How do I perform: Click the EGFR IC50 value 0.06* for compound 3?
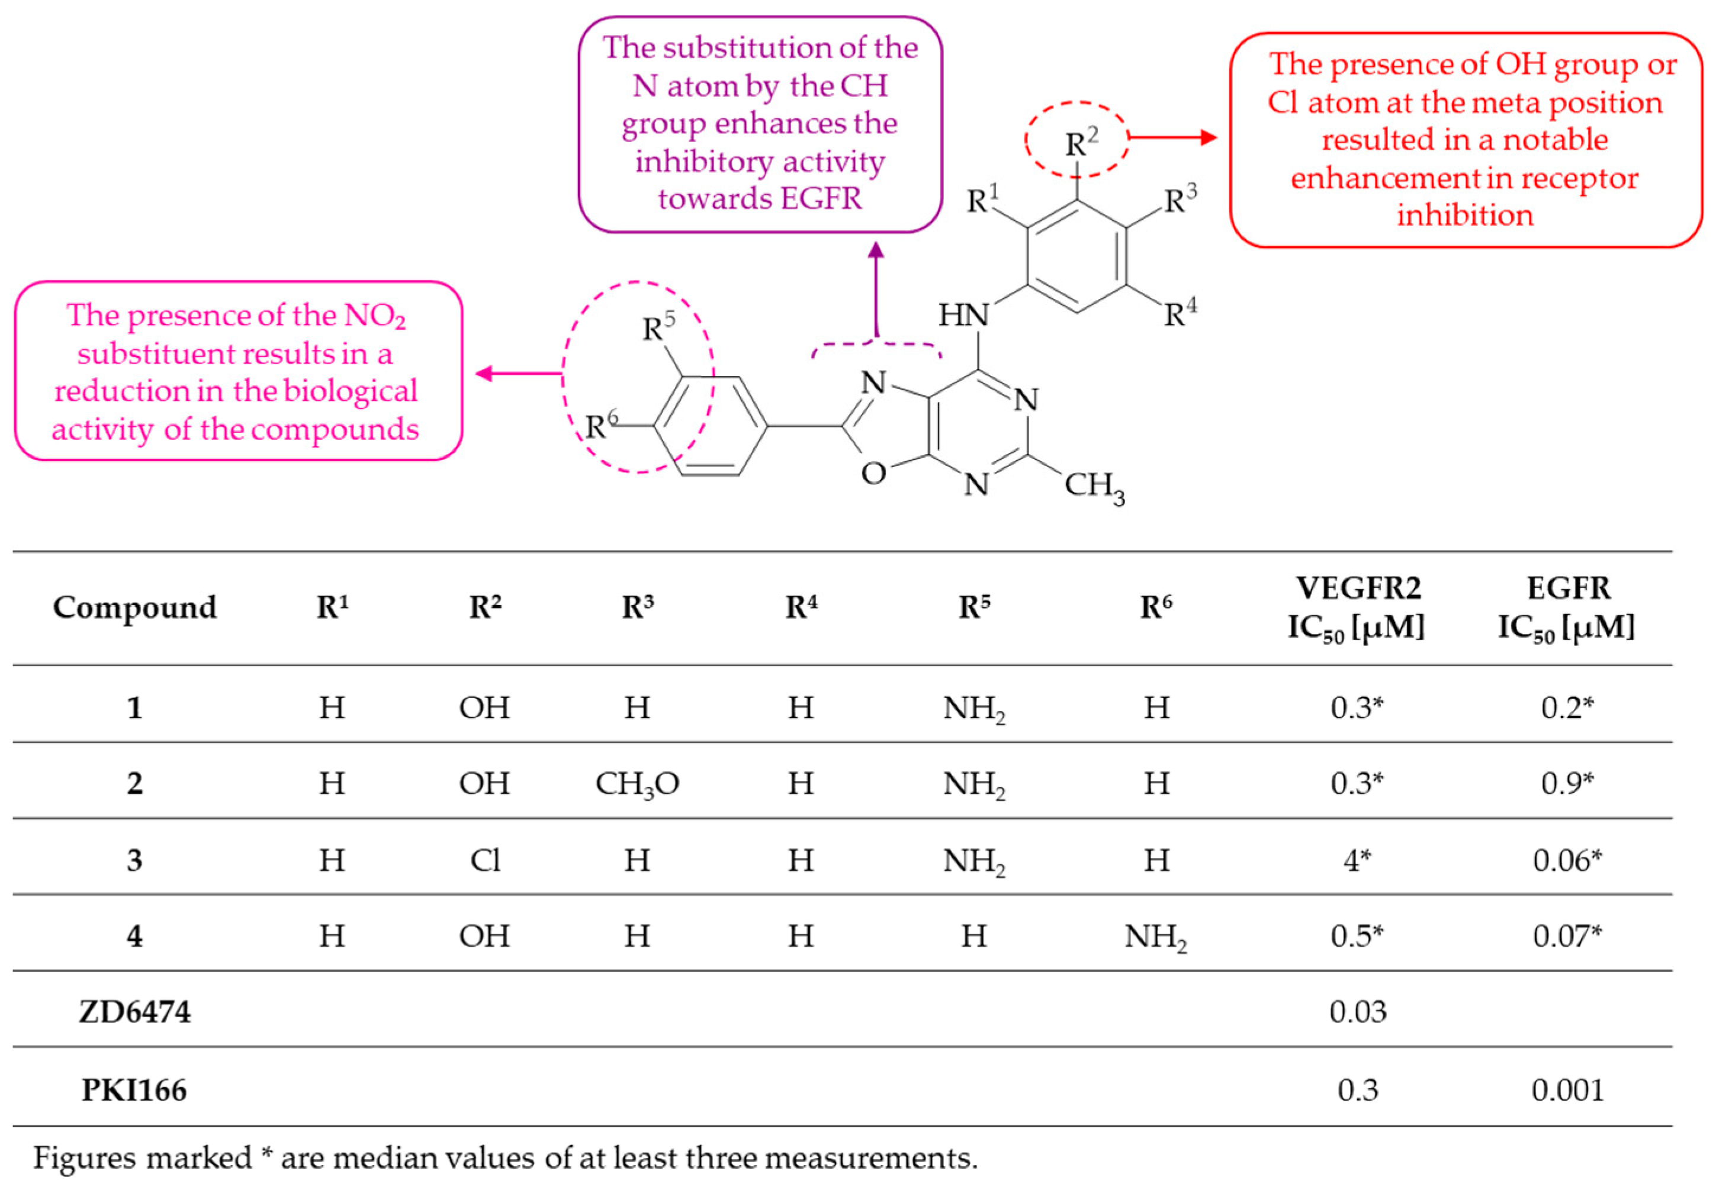[x=1567, y=860]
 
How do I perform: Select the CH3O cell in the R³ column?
[x=637, y=784]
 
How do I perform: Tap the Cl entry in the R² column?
[x=484, y=860]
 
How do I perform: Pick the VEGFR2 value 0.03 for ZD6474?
[x=1357, y=1011]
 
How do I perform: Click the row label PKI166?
[x=134, y=1090]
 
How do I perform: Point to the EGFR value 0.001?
[x=1567, y=1090]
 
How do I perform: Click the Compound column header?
[x=134, y=607]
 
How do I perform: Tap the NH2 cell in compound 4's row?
[x=1155, y=937]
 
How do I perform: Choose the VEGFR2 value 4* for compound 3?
[x=1357, y=860]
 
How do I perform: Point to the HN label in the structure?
[x=963, y=316]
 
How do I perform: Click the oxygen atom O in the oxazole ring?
[x=873, y=473]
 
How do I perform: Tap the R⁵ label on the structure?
[x=658, y=327]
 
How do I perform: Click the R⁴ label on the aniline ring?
[x=1180, y=313]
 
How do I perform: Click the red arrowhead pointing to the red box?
[x=1209, y=137]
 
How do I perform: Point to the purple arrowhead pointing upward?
[x=876, y=250]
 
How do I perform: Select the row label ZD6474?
[x=134, y=1011]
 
